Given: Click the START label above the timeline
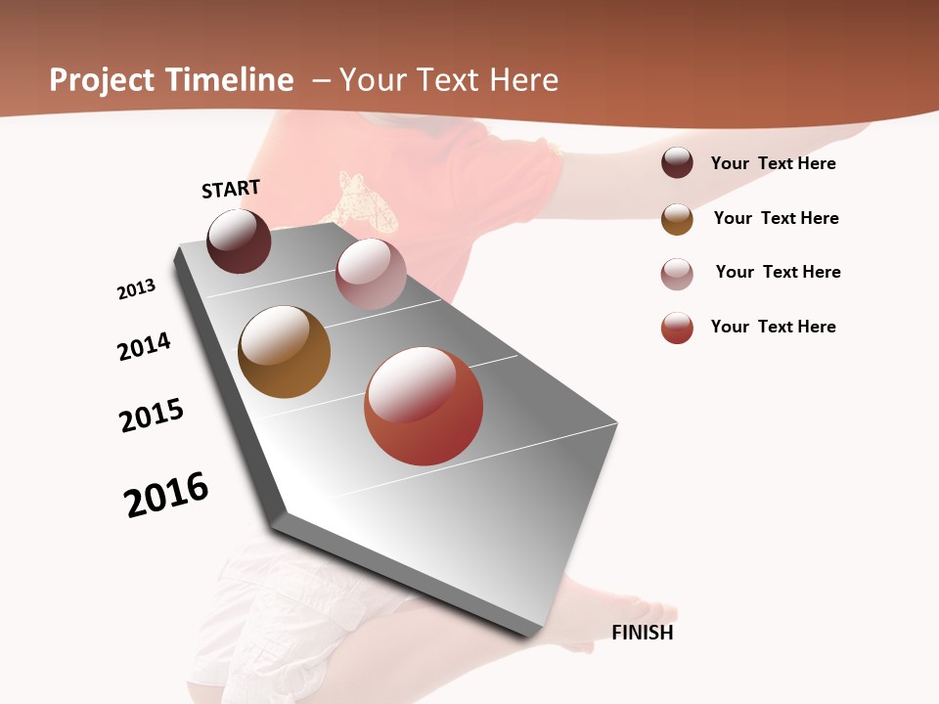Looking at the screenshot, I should [x=231, y=189].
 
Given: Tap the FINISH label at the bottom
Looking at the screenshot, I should [x=642, y=633].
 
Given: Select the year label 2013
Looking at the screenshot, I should [x=136, y=289].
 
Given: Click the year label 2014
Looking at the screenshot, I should [x=144, y=346].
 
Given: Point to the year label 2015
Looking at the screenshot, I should [x=152, y=416].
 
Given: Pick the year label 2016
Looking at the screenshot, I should [x=166, y=495].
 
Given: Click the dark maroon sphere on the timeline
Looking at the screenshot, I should [x=239, y=242].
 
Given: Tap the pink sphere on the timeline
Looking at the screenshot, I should [x=371, y=274].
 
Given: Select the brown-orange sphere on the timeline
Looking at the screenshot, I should [x=284, y=352].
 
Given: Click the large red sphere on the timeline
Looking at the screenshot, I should [x=424, y=406].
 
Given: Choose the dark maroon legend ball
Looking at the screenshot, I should [x=677, y=162].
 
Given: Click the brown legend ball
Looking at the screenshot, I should [x=677, y=219].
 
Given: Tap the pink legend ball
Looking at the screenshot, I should [x=677, y=274].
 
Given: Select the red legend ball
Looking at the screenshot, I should [x=677, y=328].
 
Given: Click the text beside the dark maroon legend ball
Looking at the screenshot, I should [x=773, y=163].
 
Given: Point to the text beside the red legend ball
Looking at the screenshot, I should [x=773, y=327].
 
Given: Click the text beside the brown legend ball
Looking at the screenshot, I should [x=776, y=218].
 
